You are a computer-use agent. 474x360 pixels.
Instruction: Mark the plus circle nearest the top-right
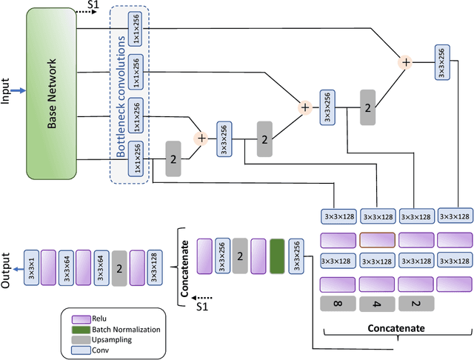(x=405, y=62)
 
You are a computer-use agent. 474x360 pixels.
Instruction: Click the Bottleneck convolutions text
(x=121, y=93)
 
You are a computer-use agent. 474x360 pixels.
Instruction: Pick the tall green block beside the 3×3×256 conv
(x=277, y=256)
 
